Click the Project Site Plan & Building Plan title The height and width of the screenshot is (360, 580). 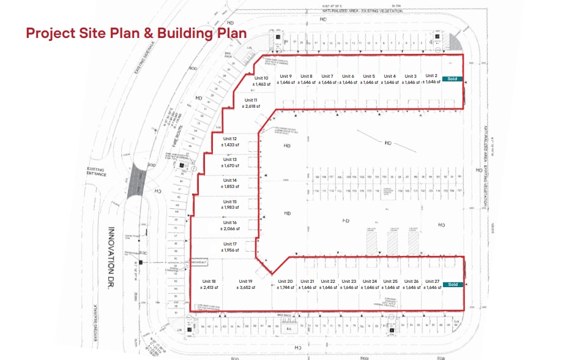[x=136, y=32]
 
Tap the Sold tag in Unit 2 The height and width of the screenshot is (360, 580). [x=452, y=79]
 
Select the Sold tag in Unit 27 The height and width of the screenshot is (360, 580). [x=452, y=285]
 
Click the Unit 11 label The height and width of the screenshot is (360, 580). [x=251, y=100]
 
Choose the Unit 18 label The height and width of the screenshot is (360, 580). [x=209, y=281]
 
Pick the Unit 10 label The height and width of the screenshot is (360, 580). [x=262, y=78]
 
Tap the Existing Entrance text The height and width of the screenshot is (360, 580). [x=96, y=171]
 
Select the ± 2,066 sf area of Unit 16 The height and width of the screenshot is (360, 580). [x=230, y=228]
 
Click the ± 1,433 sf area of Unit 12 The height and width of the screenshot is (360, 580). [x=230, y=144]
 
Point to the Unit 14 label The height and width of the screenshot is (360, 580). [x=230, y=180]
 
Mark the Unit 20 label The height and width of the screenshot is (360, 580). [x=286, y=281]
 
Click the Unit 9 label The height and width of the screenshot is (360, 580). [x=286, y=76]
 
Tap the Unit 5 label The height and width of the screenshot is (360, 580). [x=368, y=76]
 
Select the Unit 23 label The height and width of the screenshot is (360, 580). [x=349, y=281]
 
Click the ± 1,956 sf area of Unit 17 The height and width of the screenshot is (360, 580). [x=230, y=249]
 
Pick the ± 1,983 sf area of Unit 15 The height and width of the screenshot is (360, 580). [x=230, y=208]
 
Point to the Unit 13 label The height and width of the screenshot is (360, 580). [x=230, y=159]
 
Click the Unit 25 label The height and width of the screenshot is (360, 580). [x=390, y=281]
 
